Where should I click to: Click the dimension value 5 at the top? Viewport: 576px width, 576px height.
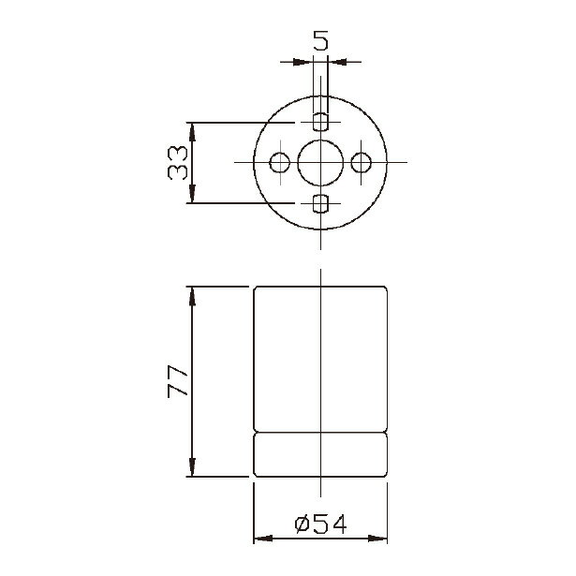pos(320,40)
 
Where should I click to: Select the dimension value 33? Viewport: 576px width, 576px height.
pos(177,162)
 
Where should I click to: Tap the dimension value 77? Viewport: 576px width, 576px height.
pos(177,382)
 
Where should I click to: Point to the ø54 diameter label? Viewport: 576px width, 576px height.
pos(320,524)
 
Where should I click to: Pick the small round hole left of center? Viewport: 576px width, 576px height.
pos(279,162)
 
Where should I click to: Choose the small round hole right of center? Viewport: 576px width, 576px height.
pos(361,162)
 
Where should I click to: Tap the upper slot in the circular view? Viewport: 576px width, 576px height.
pos(320,122)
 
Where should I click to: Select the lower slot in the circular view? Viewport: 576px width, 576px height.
pos(320,204)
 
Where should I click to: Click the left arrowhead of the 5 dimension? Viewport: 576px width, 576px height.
pos(302,62)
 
